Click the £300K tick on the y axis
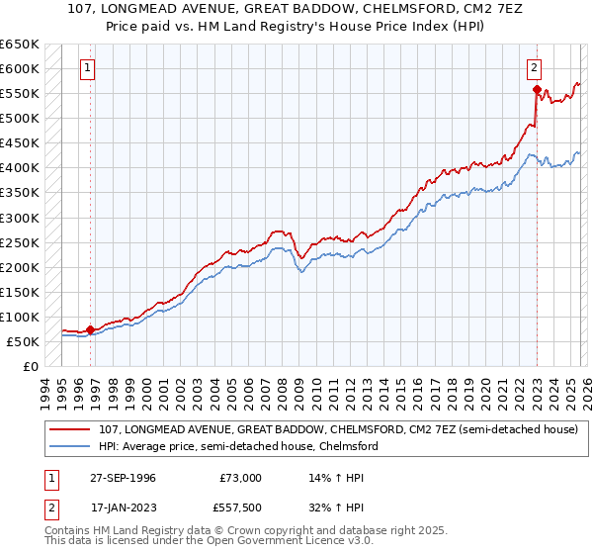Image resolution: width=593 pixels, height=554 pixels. pyautogui.click(x=20, y=218)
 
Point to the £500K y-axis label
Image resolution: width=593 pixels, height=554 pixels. pyautogui.click(x=20, y=118)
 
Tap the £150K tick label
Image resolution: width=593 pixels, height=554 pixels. pyautogui.click(x=20, y=292)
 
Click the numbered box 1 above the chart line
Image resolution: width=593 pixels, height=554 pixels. pyautogui.click(x=88, y=68)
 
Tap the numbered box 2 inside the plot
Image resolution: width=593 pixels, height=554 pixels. pyautogui.click(x=534, y=68)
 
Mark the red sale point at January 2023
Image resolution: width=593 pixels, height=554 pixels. pyautogui.click(x=536, y=90)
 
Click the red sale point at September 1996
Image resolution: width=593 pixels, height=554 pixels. pyautogui.click(x=91, y=329)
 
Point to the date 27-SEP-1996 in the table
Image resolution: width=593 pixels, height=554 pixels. pyautogui.click(x=124, y=478)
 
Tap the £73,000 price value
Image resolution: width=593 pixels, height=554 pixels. pyautogui.click(x=240, y=478)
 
